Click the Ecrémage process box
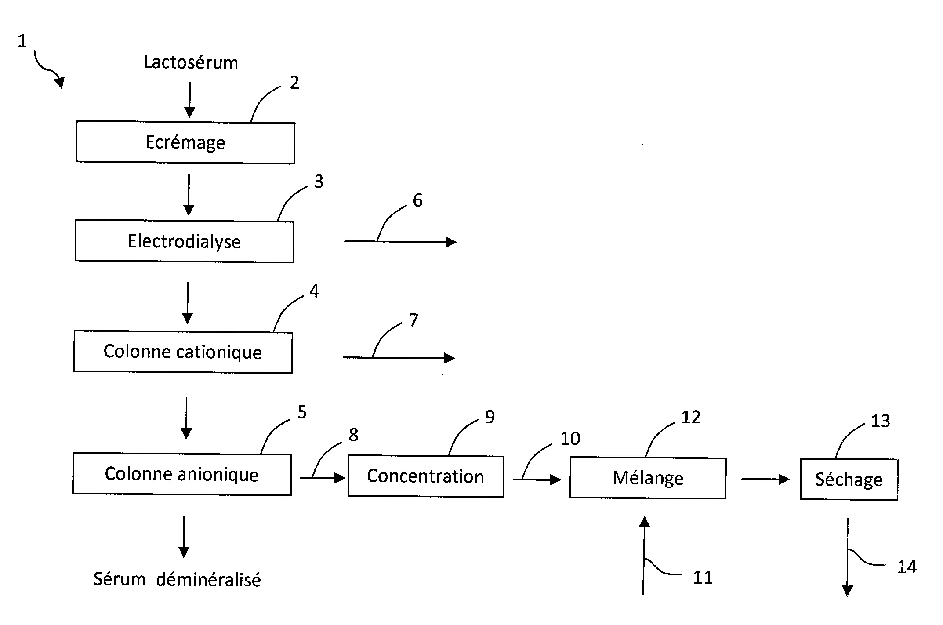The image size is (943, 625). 185,143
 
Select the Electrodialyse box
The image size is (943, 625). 184,241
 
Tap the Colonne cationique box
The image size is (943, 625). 183,352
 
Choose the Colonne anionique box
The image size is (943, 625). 181,474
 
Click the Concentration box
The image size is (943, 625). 425,476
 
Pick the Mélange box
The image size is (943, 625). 648,478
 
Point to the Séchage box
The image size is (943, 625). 849,480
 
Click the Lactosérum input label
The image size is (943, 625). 191,62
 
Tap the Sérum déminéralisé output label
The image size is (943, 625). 177,580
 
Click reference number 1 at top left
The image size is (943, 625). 22,41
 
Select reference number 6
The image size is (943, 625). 417,200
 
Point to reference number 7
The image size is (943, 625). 413,320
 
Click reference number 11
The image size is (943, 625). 703,578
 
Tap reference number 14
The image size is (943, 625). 907,567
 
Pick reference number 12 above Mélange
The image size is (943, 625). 691,417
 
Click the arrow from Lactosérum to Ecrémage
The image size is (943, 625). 189,100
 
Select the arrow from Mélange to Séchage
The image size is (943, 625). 765,479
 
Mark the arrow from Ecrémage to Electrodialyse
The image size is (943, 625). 189,195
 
